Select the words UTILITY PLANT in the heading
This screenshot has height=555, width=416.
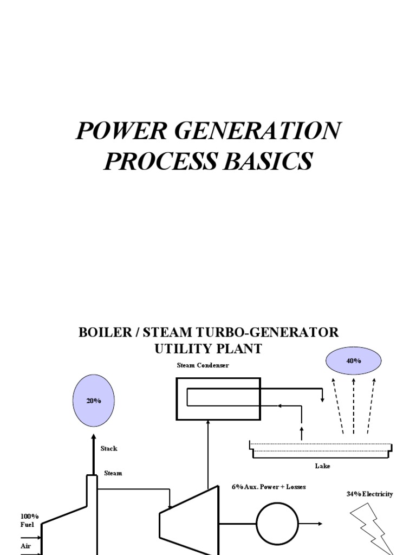pos(208,349)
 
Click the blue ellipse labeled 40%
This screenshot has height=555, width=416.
pos(353,361)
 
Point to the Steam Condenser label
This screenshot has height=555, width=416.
pos(203,365)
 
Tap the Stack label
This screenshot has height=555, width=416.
pos(108,448)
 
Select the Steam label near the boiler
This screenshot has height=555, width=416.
pos(113,473)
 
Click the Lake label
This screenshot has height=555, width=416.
pos(322,466)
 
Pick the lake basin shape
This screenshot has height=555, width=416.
pos(321,450)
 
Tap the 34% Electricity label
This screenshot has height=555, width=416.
pos(369,494)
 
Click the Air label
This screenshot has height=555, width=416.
pos(25,546)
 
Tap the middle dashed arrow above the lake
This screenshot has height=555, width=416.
pos(354,406)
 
